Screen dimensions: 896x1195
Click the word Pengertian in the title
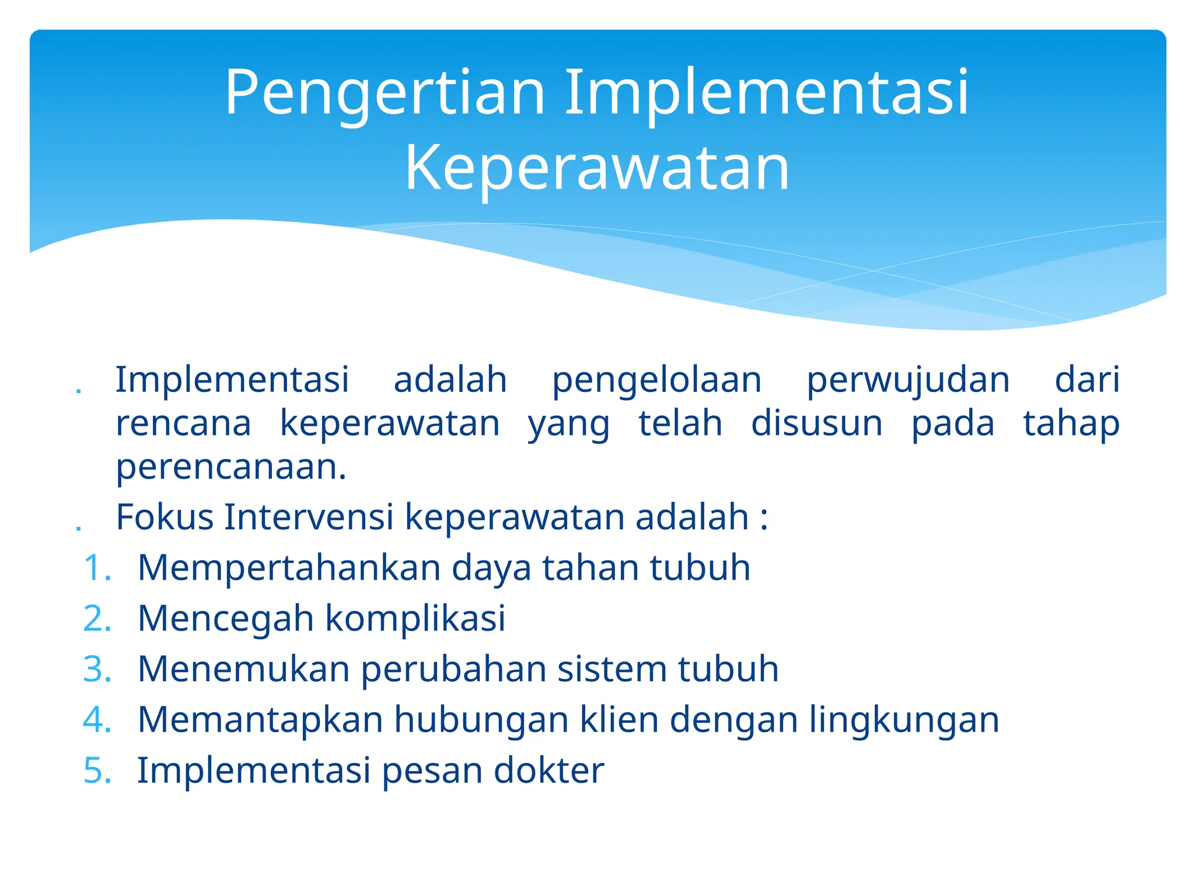(385, 93)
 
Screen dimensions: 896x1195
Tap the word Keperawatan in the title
(597, 169)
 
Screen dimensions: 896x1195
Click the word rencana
(183, 423)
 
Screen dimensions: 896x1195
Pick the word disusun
(816, 423)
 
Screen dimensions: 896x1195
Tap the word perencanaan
(231, 468)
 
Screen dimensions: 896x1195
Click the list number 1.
(97, 568)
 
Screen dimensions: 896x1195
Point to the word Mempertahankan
(289, 569)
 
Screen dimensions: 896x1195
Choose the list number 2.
(97, 618)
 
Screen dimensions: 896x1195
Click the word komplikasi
(415, 618)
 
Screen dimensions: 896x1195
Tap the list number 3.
(97, 669)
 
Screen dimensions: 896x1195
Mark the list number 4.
(97, 720)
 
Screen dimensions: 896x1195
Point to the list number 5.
(97, 771)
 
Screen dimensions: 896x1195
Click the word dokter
(548, 771)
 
